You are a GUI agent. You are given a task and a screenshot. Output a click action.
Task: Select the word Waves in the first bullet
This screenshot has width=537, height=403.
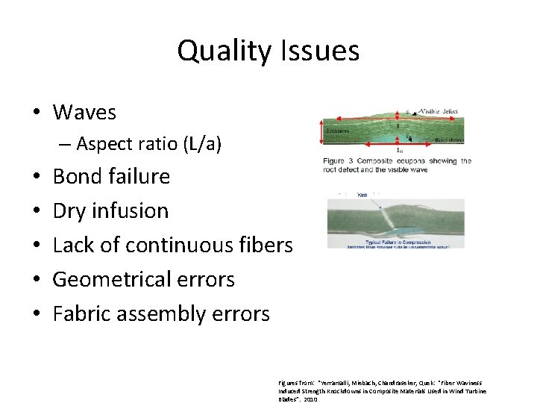(84, 113)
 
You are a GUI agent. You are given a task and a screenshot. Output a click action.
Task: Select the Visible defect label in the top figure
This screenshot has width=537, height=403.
(441, 112)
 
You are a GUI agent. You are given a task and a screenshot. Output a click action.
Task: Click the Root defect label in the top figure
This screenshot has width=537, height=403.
(447, 140)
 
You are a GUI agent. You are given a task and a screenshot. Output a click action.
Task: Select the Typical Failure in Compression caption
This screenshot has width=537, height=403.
(395, 240)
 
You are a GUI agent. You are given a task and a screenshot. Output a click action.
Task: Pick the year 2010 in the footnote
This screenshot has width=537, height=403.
(311, 399)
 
